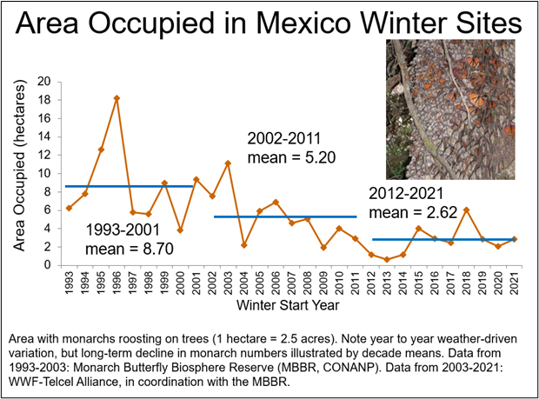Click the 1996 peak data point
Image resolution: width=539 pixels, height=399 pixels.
tap(116, 98)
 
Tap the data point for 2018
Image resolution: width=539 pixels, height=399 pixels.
tap(466, 209)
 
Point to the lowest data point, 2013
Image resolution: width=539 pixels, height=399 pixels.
tap(387, 259)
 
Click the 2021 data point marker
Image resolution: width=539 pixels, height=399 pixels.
tap(515, 238)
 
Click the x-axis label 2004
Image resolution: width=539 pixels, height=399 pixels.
tap(244, 284)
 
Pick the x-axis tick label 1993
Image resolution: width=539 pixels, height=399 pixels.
tap(69, 284)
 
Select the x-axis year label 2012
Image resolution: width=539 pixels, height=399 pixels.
tap(371, 284)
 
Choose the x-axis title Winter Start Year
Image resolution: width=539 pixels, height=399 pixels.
tap(291, 307)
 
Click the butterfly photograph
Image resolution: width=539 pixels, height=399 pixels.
tap(449, 113)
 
